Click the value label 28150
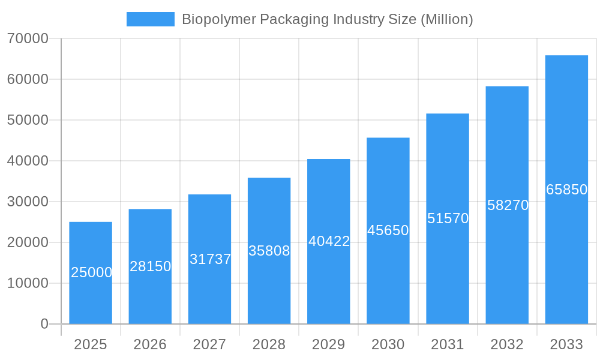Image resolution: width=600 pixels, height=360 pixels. (150, 266)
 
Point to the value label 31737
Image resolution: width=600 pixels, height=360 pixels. (210, 259)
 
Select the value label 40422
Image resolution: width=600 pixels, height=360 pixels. (329, 241)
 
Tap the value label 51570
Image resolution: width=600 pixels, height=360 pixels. (448, 218)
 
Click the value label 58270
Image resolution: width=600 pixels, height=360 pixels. (508, 205)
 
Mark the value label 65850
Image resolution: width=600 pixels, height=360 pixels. (566, 190)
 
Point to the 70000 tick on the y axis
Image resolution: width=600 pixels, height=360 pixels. (28, 38)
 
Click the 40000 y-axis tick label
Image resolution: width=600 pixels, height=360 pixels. (28, 161)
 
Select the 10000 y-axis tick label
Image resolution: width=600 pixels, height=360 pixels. (28, 283)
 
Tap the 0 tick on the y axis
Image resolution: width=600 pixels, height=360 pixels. (44, 324)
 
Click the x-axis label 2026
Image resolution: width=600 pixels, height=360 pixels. (150, 344)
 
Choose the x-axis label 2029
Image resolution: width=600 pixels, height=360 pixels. (329, 344)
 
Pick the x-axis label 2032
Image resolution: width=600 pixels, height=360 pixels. (507, 344)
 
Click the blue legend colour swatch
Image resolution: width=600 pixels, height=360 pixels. (151, 19)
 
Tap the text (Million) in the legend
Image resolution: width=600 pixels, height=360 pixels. (446, 19)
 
